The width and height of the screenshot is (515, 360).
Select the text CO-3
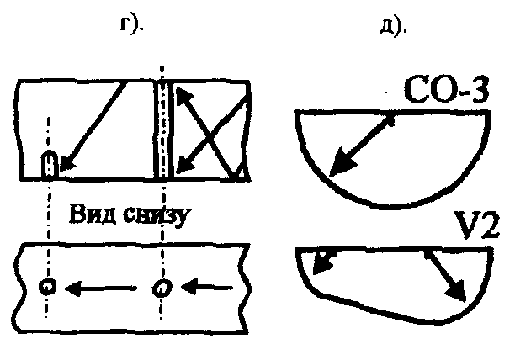[445, 90]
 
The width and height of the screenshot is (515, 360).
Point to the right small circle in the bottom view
[160, 289]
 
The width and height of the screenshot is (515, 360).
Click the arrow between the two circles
[104, 289]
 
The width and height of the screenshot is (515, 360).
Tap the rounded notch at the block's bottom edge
[50, 164]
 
